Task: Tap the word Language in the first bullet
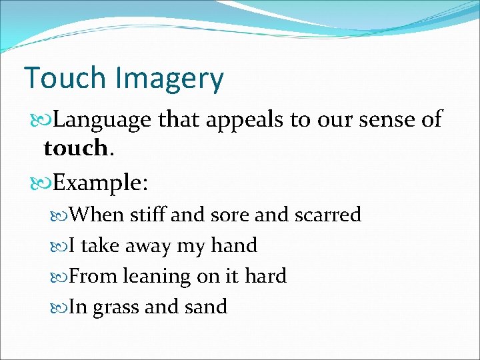click(104, 120)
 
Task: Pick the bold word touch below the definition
click(75, 147)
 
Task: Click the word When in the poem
click(97, 215)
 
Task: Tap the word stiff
click(149, 215)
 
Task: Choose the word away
click(145, 245)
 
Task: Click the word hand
click(233, 245)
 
